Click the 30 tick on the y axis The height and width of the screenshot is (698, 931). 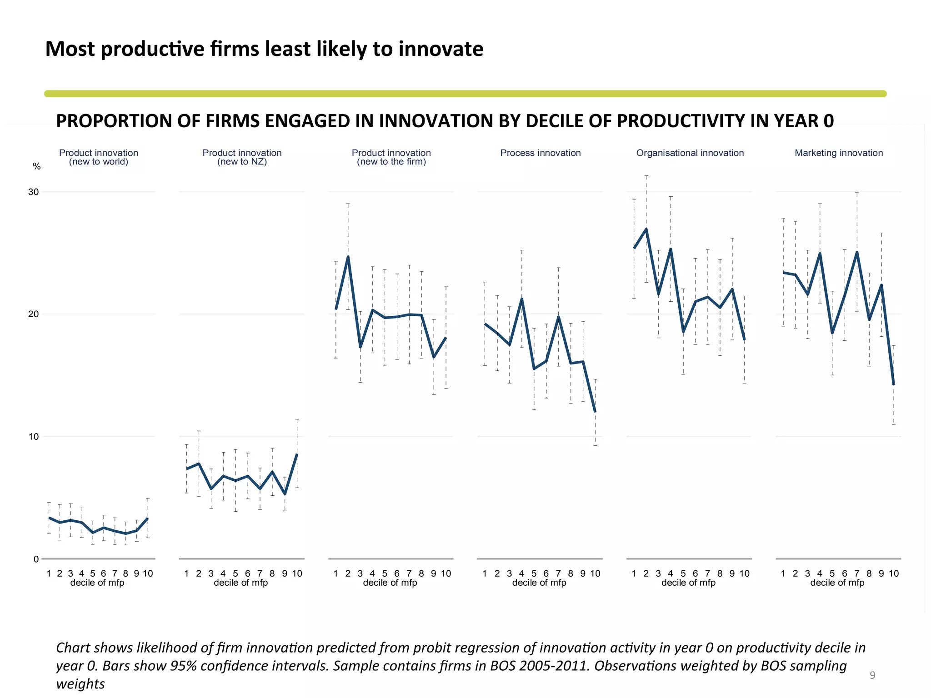tap(34, 192)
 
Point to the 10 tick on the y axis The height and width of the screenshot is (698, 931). tap(34, 437)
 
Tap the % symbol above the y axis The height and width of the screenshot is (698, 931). tap(37, 167)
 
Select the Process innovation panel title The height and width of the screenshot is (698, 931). tap(541, 153)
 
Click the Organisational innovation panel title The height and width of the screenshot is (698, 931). tap(690, 153)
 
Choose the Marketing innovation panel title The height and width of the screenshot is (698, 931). tap(839, 153)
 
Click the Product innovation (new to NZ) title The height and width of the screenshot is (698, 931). tap(242, 157)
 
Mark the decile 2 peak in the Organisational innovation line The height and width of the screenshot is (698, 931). tap(646, 229)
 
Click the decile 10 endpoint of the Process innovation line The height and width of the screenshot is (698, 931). tap(595, 411)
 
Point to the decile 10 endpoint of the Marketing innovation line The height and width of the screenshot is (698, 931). tap(894, 384)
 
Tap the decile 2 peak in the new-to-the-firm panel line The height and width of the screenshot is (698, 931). tap(348, 257)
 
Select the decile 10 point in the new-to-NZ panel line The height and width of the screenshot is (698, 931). tap(297, 454)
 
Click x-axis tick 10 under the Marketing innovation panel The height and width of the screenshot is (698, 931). tap(894, 573)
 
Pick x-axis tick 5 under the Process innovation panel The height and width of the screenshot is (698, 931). tap(534, 573)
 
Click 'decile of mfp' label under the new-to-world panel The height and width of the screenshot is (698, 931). tap(97, 583)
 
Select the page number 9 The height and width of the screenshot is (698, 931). tap(872, 675)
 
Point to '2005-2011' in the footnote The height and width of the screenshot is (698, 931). tap(554, 666)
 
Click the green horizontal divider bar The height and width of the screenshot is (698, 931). tap(465, 94)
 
